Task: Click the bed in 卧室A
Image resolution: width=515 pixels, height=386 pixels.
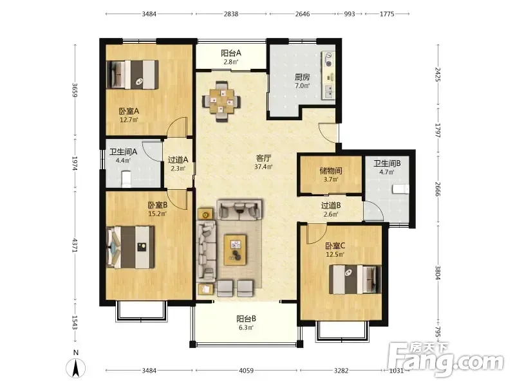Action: point(133,75)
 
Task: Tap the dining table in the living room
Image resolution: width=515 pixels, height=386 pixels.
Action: point(221,101)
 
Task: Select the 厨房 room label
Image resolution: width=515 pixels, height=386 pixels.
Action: point(302,77)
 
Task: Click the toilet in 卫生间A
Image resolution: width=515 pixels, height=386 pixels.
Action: point(126,179)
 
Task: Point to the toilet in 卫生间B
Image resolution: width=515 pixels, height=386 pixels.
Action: point(400,189)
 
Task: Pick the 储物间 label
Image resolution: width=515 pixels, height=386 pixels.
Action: point(331,170)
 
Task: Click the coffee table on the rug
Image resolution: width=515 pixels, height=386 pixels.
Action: point(236,249)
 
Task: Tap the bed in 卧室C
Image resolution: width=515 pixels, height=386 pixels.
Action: point(355,280)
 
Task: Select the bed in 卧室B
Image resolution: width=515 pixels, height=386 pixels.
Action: point(131,246)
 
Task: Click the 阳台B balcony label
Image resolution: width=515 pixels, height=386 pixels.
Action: point(246,318)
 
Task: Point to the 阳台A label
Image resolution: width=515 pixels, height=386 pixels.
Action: point(231,53)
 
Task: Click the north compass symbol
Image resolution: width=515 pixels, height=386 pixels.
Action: point(76,367)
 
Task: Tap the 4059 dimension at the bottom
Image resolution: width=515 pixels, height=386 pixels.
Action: point(246,371)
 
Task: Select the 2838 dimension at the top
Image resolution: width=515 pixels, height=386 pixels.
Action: point(231,14)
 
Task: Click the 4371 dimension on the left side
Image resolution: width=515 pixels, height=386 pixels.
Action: point(75,245)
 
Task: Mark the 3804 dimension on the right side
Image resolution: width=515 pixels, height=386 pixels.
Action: point(438,272)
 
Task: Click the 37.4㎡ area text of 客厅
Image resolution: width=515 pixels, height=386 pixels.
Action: point(263,167)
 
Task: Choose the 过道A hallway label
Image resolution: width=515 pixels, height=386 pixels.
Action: point(178,160)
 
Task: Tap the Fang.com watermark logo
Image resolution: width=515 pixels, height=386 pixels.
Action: point(445,360)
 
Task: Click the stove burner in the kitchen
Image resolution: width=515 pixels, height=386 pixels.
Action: point(328,63)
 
